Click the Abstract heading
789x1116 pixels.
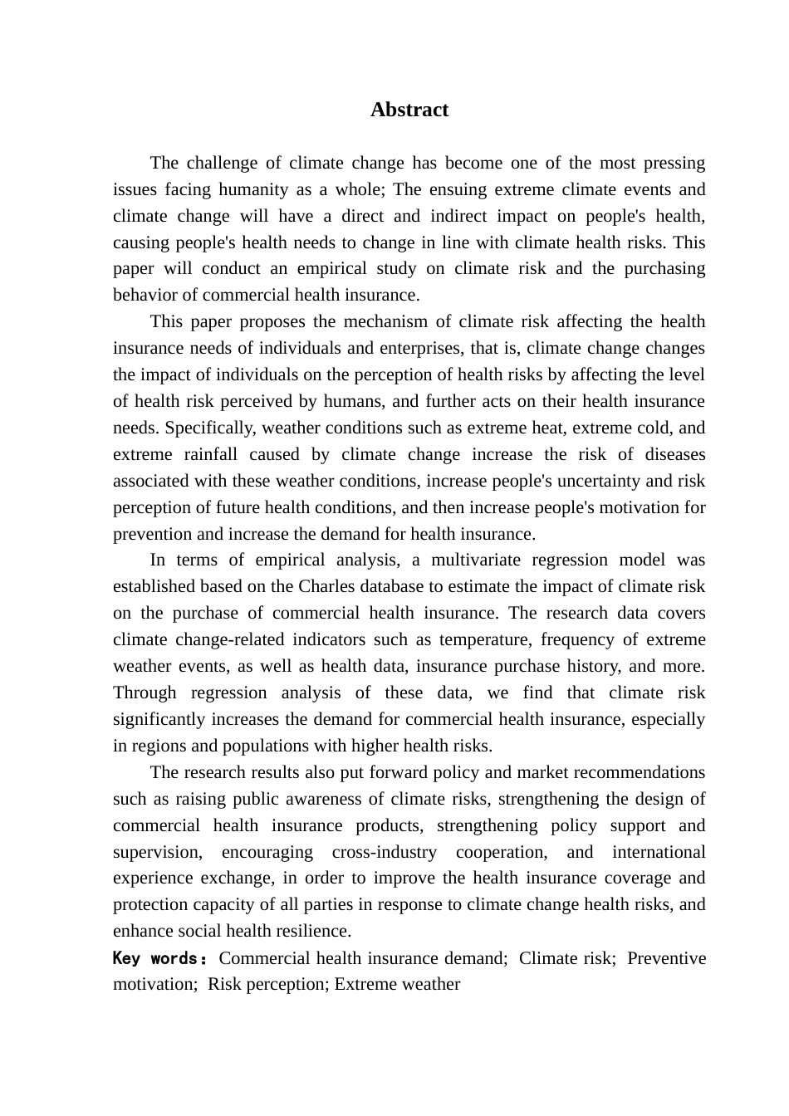pos(409,110)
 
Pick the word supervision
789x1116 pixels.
pos(157,852)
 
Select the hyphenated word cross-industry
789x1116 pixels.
pos(384,852)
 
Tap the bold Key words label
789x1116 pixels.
pos(159,958)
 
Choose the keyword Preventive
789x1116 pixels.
pos(666,958)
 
